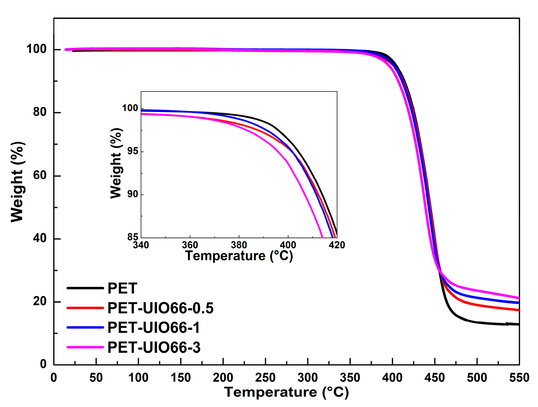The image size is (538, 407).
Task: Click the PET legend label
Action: pos(122,288)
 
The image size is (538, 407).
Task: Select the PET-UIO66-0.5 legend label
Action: pos(160,308)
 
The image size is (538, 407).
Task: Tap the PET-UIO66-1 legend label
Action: pos(154,328)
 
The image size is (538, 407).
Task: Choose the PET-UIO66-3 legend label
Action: pos(154,347)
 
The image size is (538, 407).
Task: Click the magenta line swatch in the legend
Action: pos(85,347)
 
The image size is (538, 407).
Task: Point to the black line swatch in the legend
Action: pos(85,288)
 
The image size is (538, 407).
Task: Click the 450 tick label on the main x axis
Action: pos(435,378)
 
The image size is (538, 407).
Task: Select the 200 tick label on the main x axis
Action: pos(223,378)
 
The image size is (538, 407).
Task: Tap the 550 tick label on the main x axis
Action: pos(519,378)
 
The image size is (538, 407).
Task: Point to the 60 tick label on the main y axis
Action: pos(40,175)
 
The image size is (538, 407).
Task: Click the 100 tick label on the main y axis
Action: pos(36,49)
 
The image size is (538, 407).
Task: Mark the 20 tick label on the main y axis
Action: pos(40,301)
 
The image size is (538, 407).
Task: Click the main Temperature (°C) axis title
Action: pos(286,392)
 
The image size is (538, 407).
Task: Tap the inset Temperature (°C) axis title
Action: pos(239,256)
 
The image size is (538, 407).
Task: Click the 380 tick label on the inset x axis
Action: pos(239,245)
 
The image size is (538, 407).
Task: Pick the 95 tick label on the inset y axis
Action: pos(133,151)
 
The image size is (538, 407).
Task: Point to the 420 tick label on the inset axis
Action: pos(337,245)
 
